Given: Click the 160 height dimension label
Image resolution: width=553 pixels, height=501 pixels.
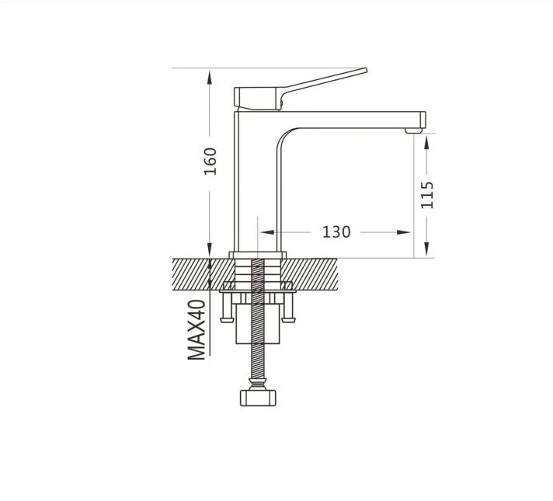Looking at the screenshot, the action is (x=210, y=162).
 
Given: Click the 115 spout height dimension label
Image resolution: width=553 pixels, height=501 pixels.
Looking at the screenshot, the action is (x=426, y=195).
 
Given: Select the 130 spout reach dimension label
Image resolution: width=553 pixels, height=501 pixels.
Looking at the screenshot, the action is (x=336, y=232).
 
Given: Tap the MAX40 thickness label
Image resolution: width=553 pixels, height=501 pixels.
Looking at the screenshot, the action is (x=197, y=330).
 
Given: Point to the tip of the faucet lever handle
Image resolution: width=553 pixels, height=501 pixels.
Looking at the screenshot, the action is (x=366, y=70).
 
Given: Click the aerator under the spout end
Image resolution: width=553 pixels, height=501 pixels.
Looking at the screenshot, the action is (x=413, y=131).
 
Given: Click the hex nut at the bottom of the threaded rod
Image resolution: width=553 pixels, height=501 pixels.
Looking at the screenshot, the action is (x=258, y=398).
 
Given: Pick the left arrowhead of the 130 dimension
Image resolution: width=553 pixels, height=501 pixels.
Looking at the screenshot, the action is (x=267, y=232).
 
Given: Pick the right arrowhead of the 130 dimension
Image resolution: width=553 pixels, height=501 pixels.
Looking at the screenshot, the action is (x=403, y=232).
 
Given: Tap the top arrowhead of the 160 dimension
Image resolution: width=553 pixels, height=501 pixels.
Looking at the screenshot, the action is (x=210, y=77).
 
